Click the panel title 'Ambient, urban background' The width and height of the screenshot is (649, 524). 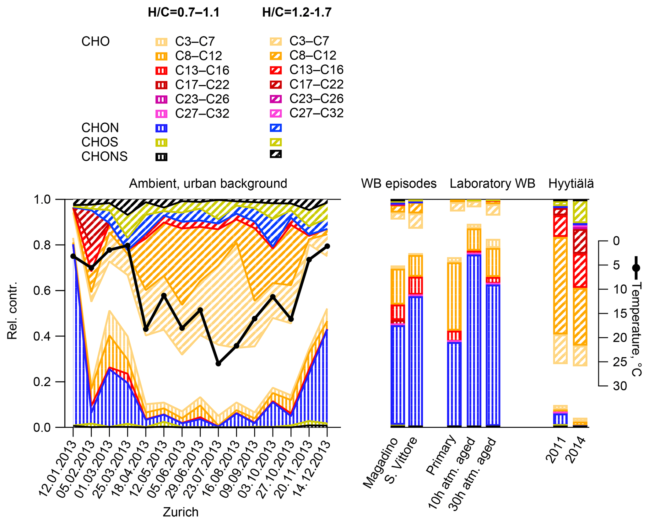[x=208, y=184]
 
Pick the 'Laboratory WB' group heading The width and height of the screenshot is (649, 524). [x=492, y=184]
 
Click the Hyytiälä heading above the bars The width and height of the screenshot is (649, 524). [x=571, y=184]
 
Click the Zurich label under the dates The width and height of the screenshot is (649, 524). [x=181, y=512]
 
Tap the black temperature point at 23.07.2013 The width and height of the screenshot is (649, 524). [x=219, y=364]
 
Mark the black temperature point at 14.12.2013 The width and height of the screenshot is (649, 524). [x=327, y=246]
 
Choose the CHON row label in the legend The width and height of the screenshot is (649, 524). [x=100, y=128]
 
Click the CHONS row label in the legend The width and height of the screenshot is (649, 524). [x=105, y=157]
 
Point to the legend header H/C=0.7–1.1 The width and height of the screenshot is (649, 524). [x=184, y=13]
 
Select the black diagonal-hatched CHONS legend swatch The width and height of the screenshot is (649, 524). [x=276, y=154]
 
